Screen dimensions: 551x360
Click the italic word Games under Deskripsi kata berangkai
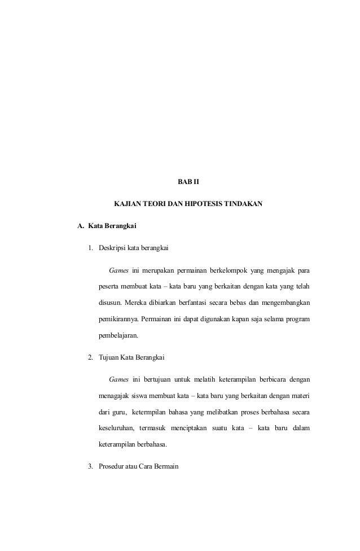point(118,268)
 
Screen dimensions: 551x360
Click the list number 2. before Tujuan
point(90,357)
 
